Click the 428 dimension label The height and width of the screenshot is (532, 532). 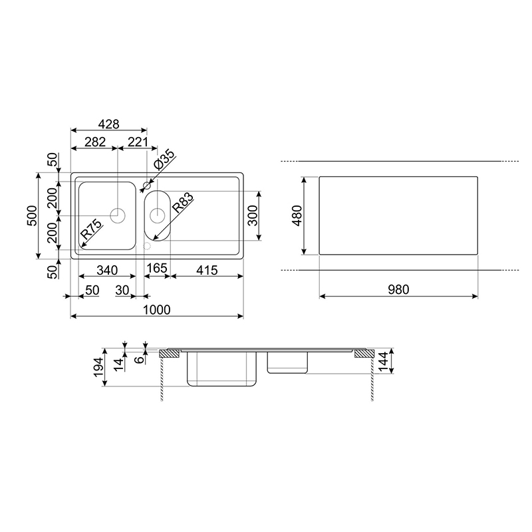(108, 124)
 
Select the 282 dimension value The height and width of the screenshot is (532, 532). (95, 142)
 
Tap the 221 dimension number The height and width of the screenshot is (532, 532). (138, 142)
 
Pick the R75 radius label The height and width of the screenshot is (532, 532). (91, 229)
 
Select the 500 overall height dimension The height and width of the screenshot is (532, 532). (32, 215)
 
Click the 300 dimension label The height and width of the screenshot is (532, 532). (253, 215)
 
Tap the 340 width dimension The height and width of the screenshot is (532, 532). (107, 271)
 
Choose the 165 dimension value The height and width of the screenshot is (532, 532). (157, 268)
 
